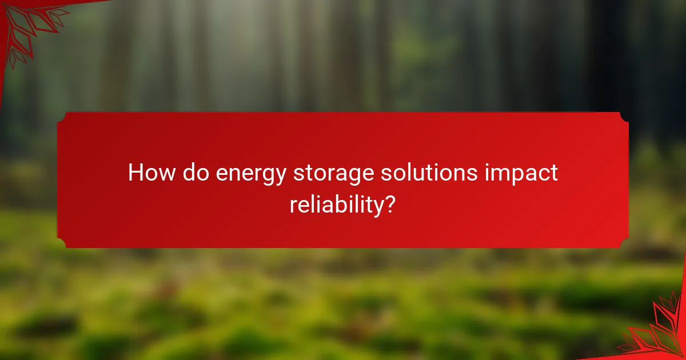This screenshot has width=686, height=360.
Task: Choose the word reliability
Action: pyautogui.click(x=334, y=205)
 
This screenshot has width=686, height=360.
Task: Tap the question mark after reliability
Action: pyautogui.click(x=389, y=203)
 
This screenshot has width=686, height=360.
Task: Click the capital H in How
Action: pyautogui.click(x=135, y=173)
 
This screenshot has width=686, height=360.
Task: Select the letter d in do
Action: pyautogui.click(x=189, y=173)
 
